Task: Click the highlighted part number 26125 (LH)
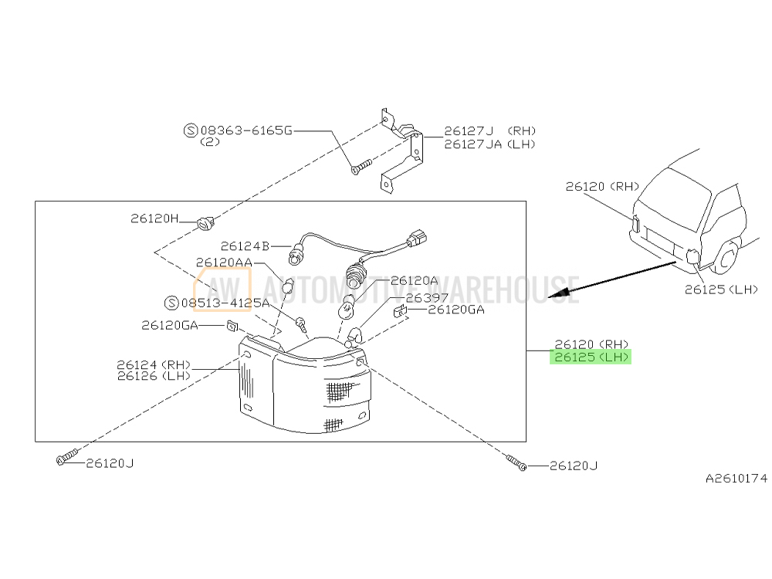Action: pyautogui.click(x=591, y=357)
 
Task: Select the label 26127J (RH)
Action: pyautogui.click(x=490, y=131)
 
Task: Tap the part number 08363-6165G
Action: pyautogui.click(x=246, y=130)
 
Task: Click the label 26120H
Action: pyautogui.click(x=154, y=218)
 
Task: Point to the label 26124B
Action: pyautogui.click(x=245, y=245)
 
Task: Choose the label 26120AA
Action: pyautogui.click(x=224, y=262)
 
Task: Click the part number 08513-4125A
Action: pyautogui.click(x=225, y=303)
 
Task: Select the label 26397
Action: pyautogui.click(x=427, y=298)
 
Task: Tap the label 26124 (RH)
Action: pyautogui.click(x=154, y=365)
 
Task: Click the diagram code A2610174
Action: pyautogui.click(x=736, y=478)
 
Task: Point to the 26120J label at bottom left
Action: pyautogui.click(x=110, y=463)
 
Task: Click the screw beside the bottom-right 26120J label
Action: pyautogui.click(x=516, y=462)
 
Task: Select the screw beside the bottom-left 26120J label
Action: pyautogui.click(x=67, y=457)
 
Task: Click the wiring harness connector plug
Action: pyautogui.click(x=417, y=238)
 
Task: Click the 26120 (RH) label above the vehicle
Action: pyautogui.click(x=602, y=186)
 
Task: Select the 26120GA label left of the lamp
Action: pyautogui.click(x=169, y=325)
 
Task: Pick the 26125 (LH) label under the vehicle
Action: pyautogui.click(x=721, y=289)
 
